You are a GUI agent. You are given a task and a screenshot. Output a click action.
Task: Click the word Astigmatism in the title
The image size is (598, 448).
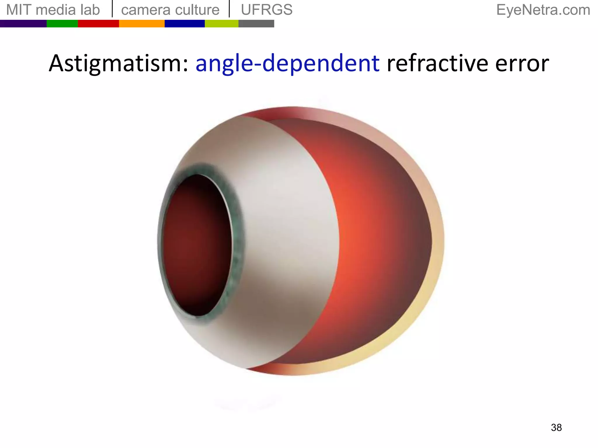click(x=119, y=63)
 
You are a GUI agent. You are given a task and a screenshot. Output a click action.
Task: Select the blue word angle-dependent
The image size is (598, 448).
click(x=287, y=63)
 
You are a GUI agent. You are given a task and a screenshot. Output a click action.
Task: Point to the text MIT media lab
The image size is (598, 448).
click(x=53, y=10)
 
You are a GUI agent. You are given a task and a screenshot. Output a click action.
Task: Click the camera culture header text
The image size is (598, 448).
click(x=170, y=10)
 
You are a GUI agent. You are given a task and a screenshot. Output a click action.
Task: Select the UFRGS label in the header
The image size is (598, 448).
click(x=267, y=10)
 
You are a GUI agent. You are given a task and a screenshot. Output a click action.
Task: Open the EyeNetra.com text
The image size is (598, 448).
click(x=543, y=10)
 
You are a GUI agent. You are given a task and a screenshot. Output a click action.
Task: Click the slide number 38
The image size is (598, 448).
click(x=556, y=428)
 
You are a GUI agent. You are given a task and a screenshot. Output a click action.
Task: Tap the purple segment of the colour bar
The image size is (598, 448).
click(x=23, y=24)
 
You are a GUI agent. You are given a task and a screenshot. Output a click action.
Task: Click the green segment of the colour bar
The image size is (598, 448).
click(x=62, y=24)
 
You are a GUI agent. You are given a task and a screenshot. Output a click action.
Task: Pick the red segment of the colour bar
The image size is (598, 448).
click(x=98, y=24)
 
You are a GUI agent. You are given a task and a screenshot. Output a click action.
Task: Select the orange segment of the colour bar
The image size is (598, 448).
click(x=142, y=24)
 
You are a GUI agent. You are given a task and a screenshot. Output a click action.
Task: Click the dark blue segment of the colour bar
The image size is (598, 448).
click(x=185, y=24)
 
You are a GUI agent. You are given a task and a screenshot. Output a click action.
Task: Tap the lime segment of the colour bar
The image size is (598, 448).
click(x=222, y=24)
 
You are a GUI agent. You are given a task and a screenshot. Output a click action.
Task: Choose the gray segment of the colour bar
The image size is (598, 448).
click(x=256, y=24)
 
